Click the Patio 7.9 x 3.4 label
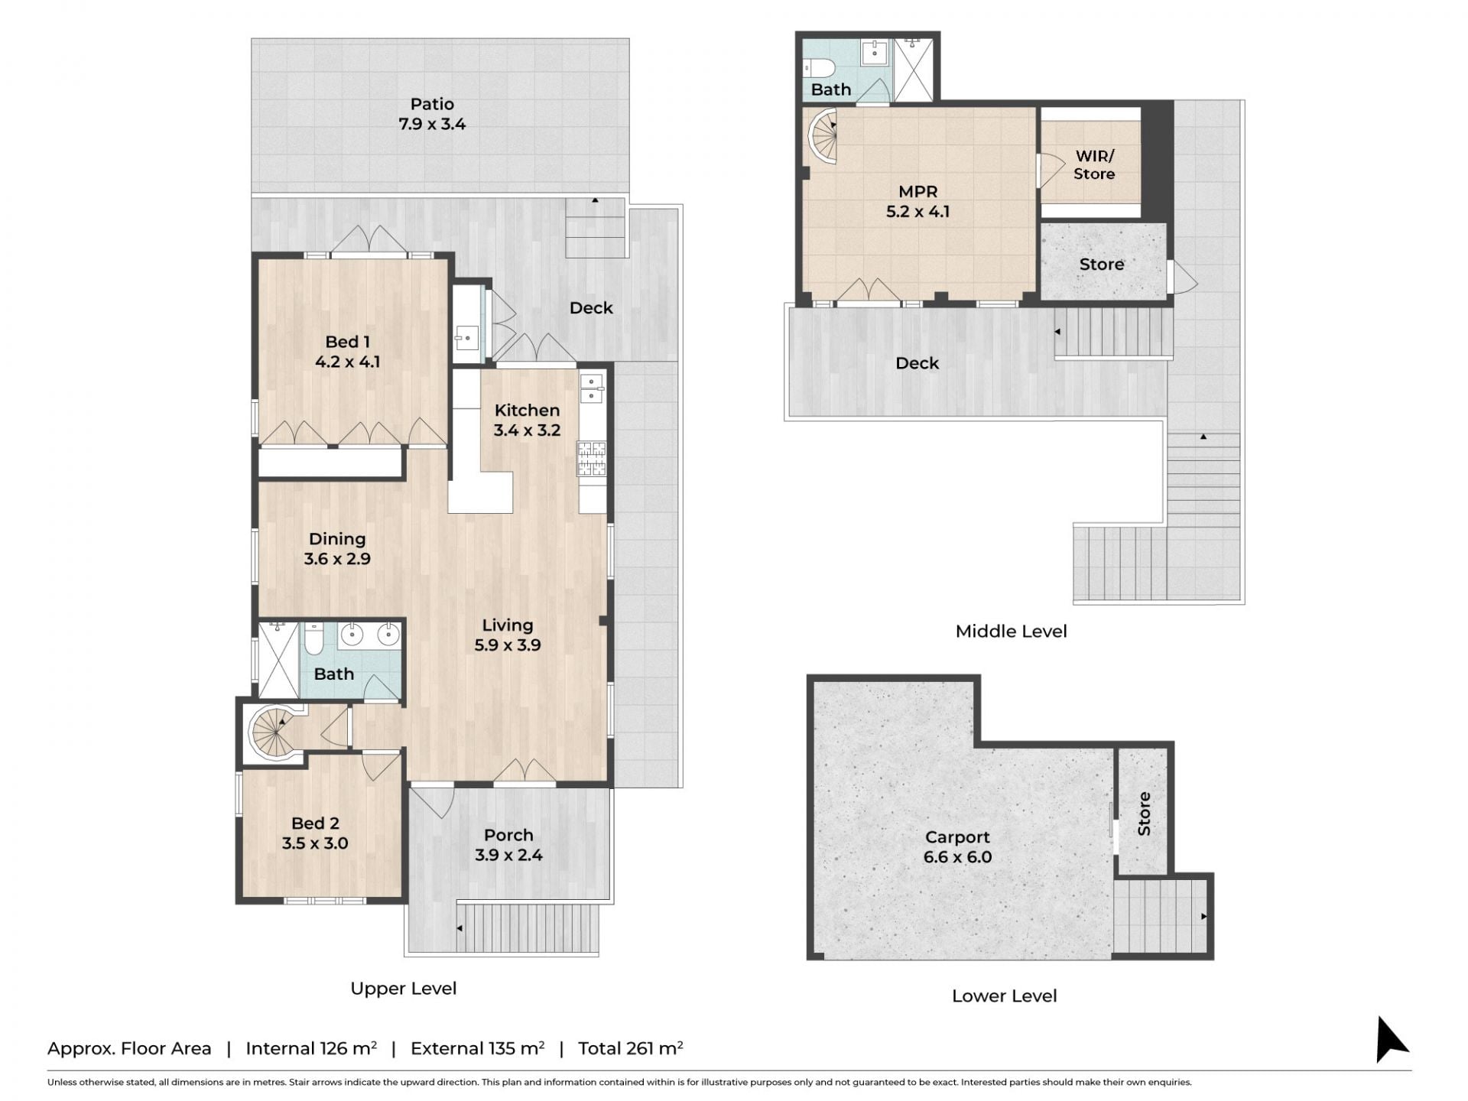point(432,114)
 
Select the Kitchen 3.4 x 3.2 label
point(527,420)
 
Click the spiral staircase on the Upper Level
point(272,732)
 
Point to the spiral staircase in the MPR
point(822,137)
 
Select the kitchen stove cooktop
point(592,458)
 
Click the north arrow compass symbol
point(1392,1039)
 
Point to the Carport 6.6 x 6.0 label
point(957,847)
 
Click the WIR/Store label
point(1094,165)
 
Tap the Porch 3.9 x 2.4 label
point(508,845)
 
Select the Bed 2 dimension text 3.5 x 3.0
point(315,843)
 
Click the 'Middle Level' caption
point(1011,631)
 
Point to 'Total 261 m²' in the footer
point(630,1047)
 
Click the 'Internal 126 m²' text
point(311,1047)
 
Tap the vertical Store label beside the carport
point(1144,814)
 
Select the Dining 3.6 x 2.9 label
point(337,549)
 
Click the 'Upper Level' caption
point(404,989)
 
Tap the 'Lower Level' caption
point(1005,995)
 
